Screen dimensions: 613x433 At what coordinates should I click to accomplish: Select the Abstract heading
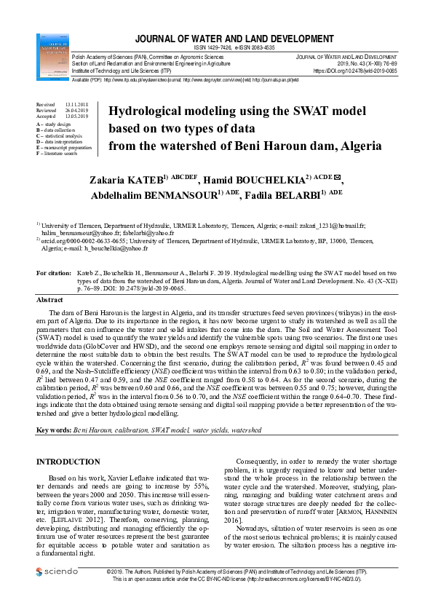click(50, 300)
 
